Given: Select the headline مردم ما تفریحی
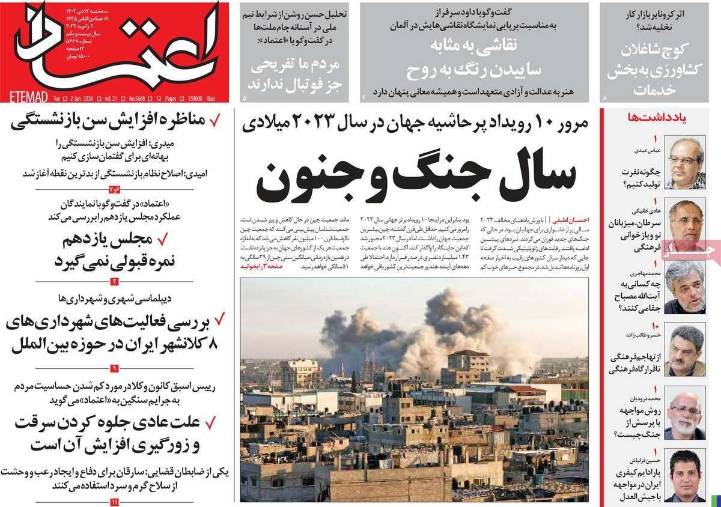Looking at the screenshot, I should (291, 71).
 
